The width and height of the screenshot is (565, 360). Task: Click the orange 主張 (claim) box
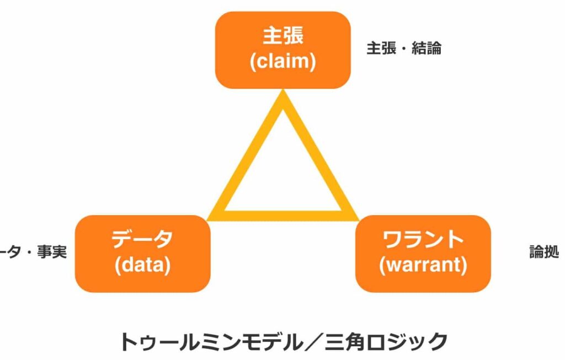(x=282, y=50)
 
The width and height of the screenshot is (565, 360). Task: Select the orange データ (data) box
(x=142, y=253)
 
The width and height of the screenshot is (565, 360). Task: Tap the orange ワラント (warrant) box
(x=423, y=253)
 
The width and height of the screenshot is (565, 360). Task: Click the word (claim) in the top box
(x=282, y=61)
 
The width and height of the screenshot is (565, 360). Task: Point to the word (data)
(x=142, y=265)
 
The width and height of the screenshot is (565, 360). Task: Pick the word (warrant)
(x=423, y=265)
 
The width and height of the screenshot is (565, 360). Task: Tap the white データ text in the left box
(x=142, y=240)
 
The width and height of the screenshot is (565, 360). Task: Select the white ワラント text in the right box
(x=423, y=240)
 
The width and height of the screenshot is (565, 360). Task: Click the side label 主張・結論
(x=404, y=49)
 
